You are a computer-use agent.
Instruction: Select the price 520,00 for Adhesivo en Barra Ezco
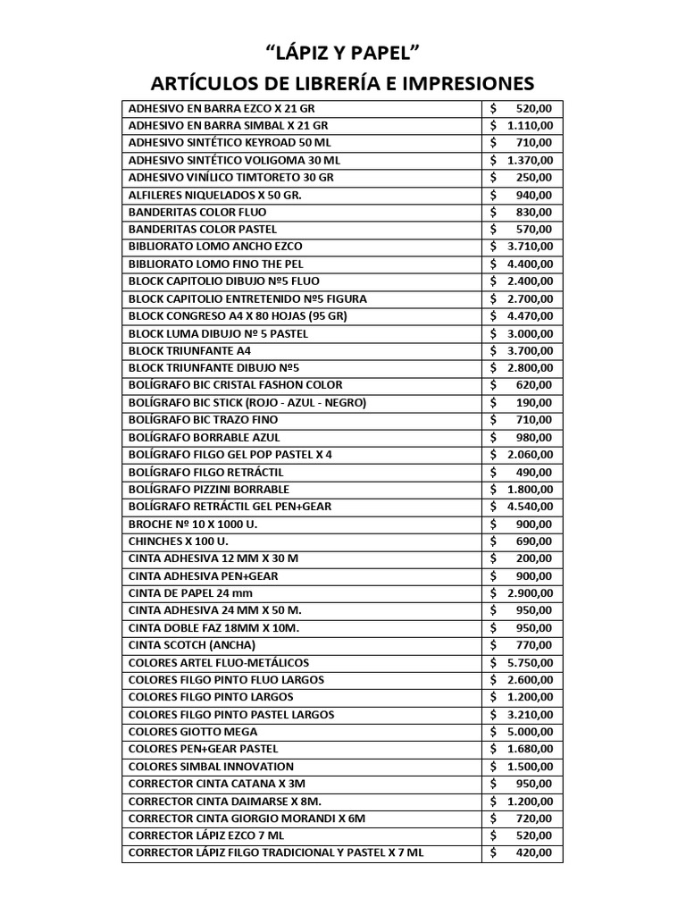coord(534,108)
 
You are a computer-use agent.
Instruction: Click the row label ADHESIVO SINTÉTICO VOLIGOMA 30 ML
coord(234,160)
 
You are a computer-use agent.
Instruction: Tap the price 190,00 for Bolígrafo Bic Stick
coord(534,402)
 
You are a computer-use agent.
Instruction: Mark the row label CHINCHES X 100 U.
coord(179,541)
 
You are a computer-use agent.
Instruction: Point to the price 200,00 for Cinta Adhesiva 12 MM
coord(534,558)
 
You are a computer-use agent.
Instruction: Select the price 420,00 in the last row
coord(534,853)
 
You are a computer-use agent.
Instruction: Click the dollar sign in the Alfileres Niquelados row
coord(493,195)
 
